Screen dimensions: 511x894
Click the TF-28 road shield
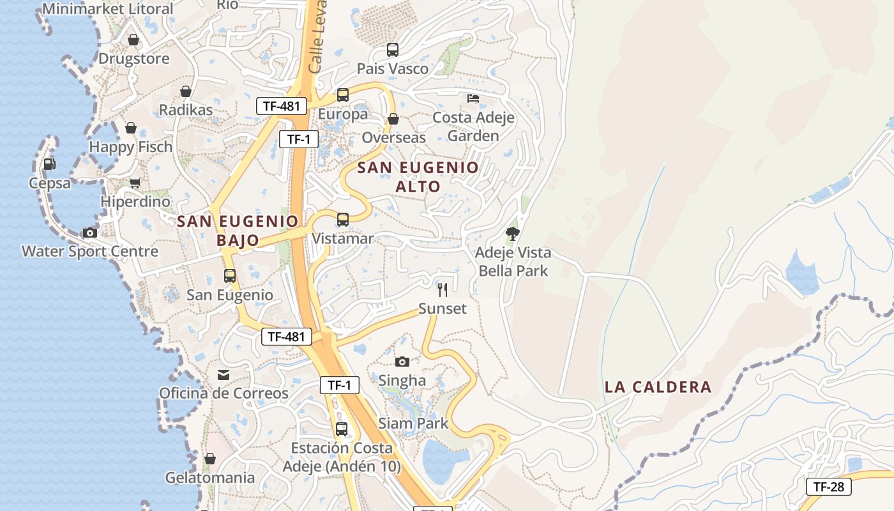coord(828,487)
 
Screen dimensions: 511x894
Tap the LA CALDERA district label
coord(658,386)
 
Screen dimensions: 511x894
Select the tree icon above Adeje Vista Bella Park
coord(512,234)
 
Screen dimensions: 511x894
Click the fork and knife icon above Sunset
coord(442,290)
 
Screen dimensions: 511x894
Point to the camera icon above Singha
coord(402,362)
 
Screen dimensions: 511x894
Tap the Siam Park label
coord(413,423)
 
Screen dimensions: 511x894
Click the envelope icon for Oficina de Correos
coord(223,375)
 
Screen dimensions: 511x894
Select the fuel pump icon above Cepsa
coord(49,164)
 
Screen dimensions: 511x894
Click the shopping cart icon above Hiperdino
coord(135,183)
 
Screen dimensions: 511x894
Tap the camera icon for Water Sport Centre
coord(90,233)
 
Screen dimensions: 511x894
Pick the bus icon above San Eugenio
coord(230,276)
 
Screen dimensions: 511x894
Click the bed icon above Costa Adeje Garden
coord(473,98)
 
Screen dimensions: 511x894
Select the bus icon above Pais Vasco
coord(393,50)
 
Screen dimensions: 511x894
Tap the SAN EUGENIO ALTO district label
coord(418,177)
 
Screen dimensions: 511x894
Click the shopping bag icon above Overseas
coord(393,119)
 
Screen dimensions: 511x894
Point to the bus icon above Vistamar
coord(343,220)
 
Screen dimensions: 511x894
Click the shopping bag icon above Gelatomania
coord(210,459)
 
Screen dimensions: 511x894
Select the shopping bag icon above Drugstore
coord(133,40)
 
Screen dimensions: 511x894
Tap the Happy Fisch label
coord(131,146)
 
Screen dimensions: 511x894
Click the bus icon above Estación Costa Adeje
coord(342,429)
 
